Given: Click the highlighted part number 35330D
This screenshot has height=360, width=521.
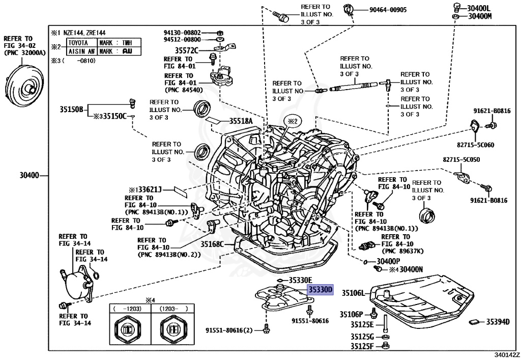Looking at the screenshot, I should click(x=320, y=290).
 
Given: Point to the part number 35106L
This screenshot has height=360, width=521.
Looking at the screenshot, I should click(x=353, y=293).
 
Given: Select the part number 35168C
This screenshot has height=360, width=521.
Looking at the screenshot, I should click(x=212, y=244).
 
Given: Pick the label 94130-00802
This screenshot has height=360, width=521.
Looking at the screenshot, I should click(x=182, y=31).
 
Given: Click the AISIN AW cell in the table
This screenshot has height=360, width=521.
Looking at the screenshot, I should click(x=81, y=51).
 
